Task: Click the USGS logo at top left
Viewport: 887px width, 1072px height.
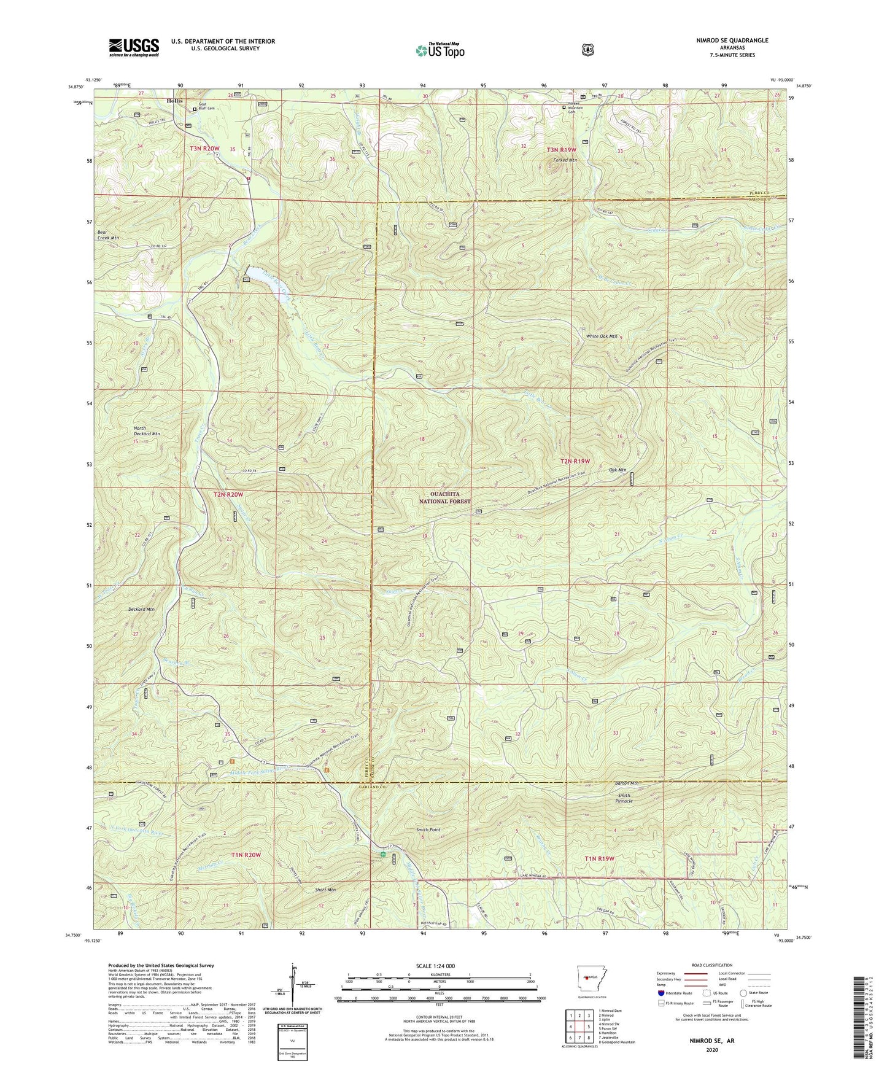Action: [134, 47]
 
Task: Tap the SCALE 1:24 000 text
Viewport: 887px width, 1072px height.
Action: [438, 966]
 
